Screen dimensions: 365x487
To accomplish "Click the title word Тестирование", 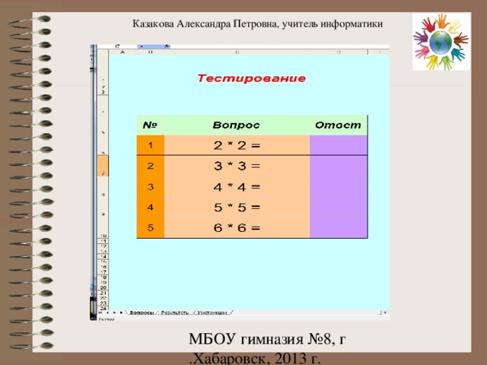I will [x=252, y=78].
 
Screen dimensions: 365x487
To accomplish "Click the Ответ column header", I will [x=337, y=125].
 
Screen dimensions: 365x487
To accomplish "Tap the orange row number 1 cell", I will [x=151, y=145].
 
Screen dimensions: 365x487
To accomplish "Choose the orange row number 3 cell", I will [x=151, y=186].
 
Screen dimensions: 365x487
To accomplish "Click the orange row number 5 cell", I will [x=151, y=226].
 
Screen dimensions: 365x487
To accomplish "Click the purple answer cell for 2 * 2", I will [x=339, y=145].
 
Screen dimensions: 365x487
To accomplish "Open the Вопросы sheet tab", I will [x=142, y=313].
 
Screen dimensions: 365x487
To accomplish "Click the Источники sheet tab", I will [x=213, y=313].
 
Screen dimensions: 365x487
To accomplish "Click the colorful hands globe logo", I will [x=440, y=43].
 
